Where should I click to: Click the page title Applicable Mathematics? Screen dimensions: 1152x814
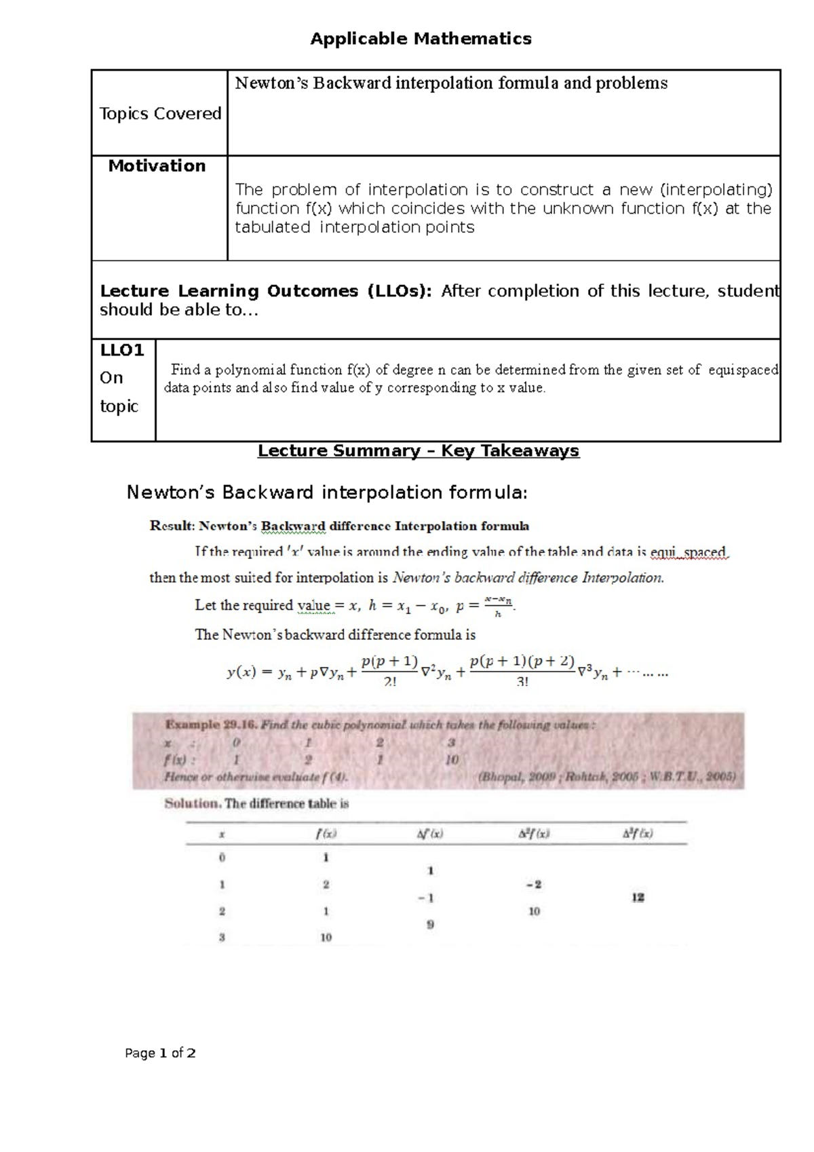pos(421,39)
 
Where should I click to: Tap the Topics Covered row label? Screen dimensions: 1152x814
pos(160,113)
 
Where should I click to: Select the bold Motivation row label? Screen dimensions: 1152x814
pos(157,166)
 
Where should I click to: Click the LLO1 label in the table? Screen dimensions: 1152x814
pos(122,350)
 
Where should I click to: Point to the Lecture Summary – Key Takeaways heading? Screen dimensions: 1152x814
pos(418,450)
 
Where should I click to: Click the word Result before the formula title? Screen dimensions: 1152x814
pos(172,526)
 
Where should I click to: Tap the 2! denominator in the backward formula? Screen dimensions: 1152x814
pos(389,682)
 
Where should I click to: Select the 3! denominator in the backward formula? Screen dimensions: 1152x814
pos(522,682)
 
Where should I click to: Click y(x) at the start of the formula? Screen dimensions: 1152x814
pos(241,672)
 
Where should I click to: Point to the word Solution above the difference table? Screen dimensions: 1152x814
pos(191,803)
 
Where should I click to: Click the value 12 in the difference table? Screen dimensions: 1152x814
pos(638,898)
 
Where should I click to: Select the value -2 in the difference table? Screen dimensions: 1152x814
pos(533,884)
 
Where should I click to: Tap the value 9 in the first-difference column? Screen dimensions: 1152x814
pos(429,924)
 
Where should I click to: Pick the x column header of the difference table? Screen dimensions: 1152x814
pos(222,834)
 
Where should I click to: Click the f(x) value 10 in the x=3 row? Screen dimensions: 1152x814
pos(326,938)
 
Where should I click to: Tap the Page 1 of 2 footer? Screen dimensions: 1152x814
pos(161,1053)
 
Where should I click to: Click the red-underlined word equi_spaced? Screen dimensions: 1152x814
pos(688,552)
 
